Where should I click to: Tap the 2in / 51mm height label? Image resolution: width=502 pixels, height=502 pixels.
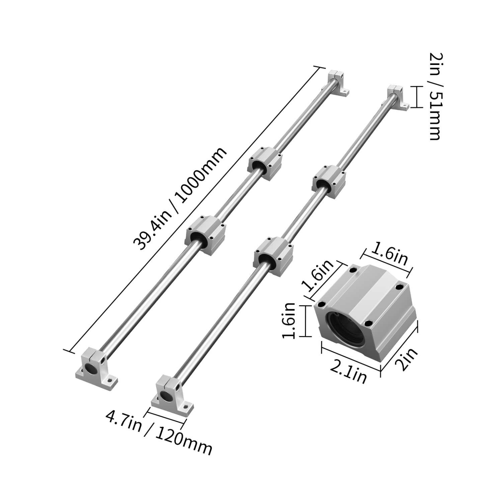[435, 96]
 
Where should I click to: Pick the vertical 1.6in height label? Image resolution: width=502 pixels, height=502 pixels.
[288, 321]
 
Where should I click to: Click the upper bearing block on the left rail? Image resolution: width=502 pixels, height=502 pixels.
[266, 163]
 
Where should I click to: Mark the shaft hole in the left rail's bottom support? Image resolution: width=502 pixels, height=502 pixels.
[90, 369]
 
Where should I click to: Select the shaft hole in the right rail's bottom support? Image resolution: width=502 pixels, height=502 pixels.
[165, 396]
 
